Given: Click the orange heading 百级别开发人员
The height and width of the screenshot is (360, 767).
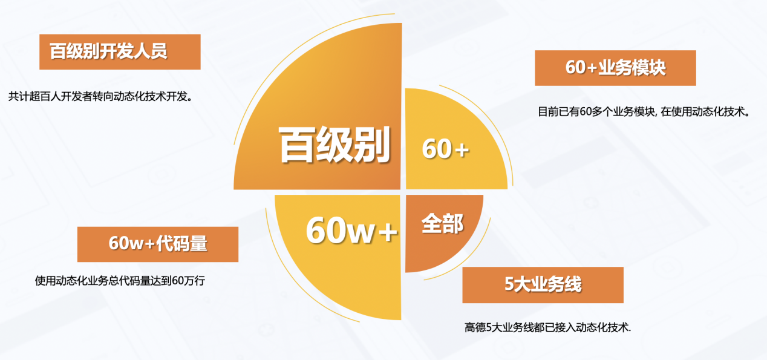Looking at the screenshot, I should point(109,51).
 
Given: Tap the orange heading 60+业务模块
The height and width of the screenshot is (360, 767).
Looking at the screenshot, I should point(615,68).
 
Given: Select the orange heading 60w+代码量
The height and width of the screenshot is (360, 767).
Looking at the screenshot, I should point(158,244).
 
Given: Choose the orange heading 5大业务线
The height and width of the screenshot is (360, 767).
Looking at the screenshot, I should point(543,284).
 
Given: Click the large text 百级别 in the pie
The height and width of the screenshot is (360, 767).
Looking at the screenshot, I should point(334,145).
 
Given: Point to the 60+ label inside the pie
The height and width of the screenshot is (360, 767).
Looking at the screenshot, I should point(446,149).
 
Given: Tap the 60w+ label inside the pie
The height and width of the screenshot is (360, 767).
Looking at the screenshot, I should point(351,231).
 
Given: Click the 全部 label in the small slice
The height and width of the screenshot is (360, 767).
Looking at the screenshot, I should point(442,224).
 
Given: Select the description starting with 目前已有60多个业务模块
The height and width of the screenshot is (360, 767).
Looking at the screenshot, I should point(643,112).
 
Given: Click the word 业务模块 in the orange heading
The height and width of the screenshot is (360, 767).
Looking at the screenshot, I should point(632,68).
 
